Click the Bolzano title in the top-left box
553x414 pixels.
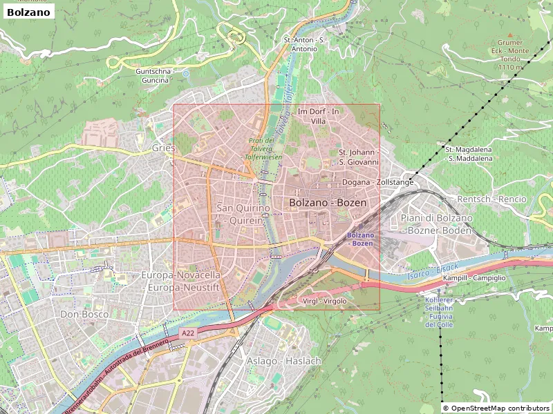(28, 12)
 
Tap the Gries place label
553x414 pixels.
(162, 148)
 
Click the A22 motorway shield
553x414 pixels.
(188, 333)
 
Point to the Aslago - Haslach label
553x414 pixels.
(283, 361)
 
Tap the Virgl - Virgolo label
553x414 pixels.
(324, 302)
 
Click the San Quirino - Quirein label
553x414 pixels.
(240, 214)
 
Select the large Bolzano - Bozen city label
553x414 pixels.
(328, 203)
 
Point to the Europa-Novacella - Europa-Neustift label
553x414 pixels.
(180, 280)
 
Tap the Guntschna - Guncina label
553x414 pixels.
(153, 76)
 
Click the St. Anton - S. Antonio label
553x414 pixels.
(304, 44)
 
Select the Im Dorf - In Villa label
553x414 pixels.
(318, 116)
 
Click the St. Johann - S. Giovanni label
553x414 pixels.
(358, 157)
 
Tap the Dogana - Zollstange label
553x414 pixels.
(377, 182)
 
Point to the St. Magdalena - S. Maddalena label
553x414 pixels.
(469, 153)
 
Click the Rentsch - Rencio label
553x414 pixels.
(492, 199)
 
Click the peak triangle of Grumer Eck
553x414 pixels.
(511, 34)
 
